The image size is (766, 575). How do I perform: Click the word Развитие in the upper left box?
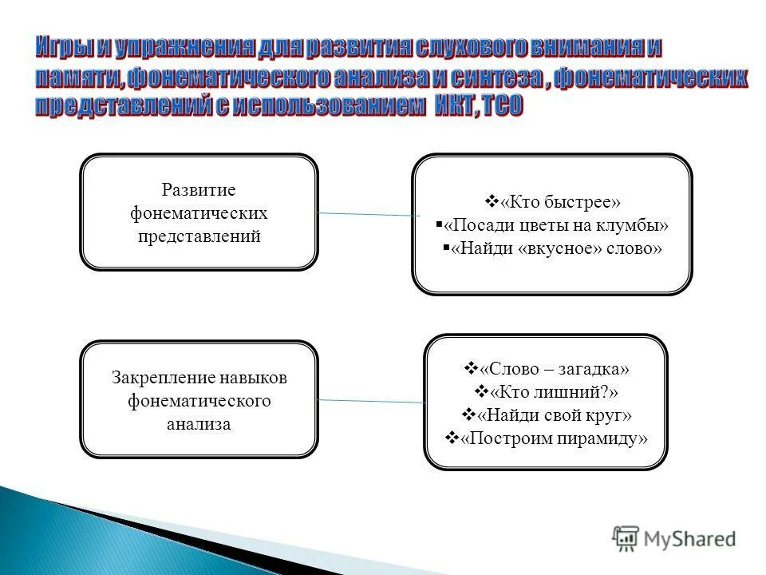(x=199, y=190)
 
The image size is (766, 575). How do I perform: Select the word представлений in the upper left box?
(x=199, y=237)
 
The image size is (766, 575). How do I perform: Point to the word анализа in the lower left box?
(x=199, y=424)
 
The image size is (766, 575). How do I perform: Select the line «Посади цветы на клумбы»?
(x=556, y=224)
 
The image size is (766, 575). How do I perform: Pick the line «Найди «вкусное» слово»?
(x=556, y=248)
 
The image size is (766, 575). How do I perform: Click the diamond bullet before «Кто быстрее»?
(x=491, y=200)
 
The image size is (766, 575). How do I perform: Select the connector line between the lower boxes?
(x=371, y=401)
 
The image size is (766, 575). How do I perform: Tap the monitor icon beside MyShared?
(x=626, y=537)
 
